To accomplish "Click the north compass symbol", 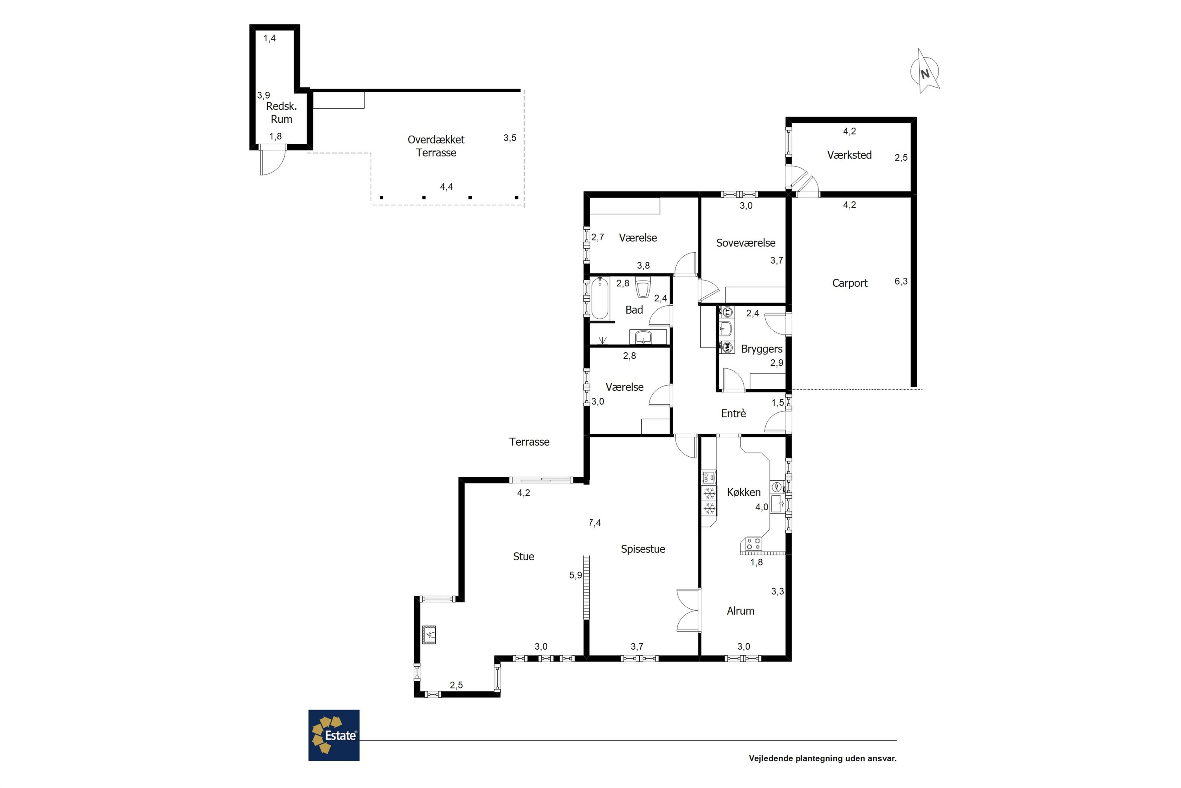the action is pyautogui.click(x=924, y=72).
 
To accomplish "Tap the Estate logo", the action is pyautogui.click(x=334, y=735).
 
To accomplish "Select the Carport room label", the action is pyautogui.click(x=850, y=283).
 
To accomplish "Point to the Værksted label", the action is pyautogui.click(x=849, y=155).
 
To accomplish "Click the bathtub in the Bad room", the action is pyautogui.click(x=600, y=299).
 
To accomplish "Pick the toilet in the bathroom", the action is pyautogui.click(x=643, y=288).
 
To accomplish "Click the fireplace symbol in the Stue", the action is pyautogui.click(x=429, y=635).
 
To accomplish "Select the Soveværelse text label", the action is pyautogui.click(x=746, y=243).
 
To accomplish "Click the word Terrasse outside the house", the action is pyautogui.click(x=529, y=442).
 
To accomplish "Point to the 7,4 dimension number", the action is pyautogui.click(x=594, y=523).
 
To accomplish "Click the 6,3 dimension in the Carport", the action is pyautogui.click(x=901, y=281).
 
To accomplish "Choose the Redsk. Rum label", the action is pyautogui.click(x=281, y=113).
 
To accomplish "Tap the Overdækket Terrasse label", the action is pyautogui.click(x=436, y=146).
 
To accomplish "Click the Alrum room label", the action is pyautogui.click(x=740, y=611).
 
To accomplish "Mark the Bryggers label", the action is pyautogui.click(x=762, y=349).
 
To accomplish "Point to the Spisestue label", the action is pyautogui.click(x=643, y=549).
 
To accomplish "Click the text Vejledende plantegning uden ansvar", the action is pyautogui.click(x=822, y=758).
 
